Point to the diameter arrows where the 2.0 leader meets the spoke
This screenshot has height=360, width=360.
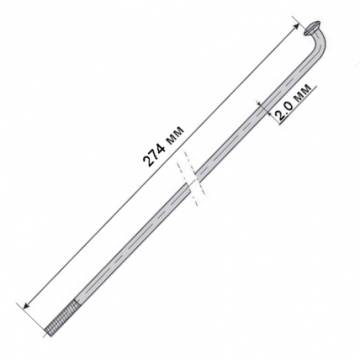coord(261,105)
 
